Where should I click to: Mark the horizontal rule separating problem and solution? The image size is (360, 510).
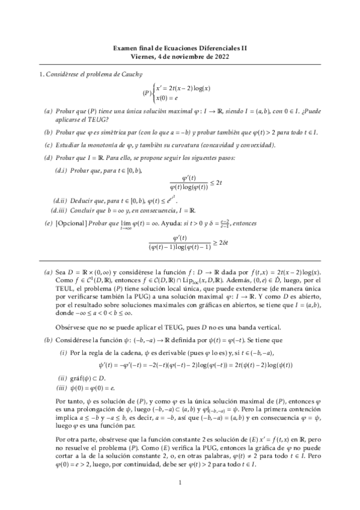click(x=180, y=261)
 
